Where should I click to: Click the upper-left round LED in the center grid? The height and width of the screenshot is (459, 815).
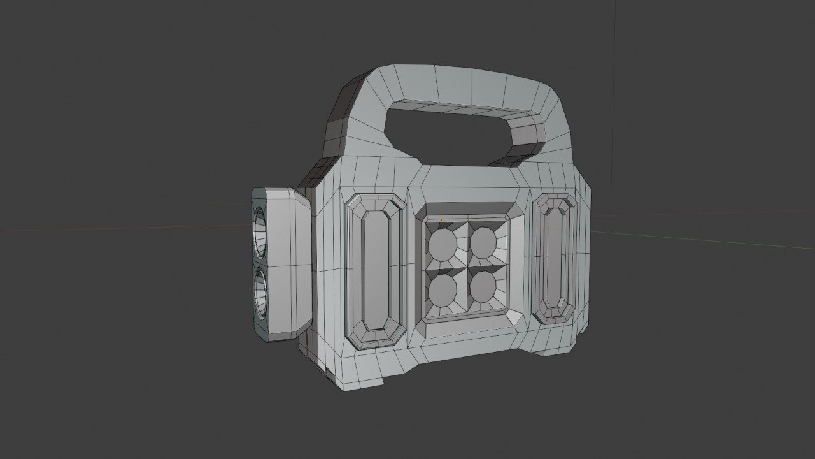point(441,244)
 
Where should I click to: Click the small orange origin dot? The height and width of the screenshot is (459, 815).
point(443,221)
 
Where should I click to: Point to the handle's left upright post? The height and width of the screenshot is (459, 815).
point(347,124)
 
